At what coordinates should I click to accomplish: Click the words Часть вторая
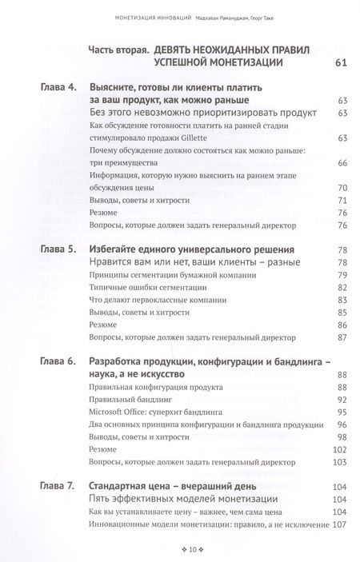click(x=117, y=49)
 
